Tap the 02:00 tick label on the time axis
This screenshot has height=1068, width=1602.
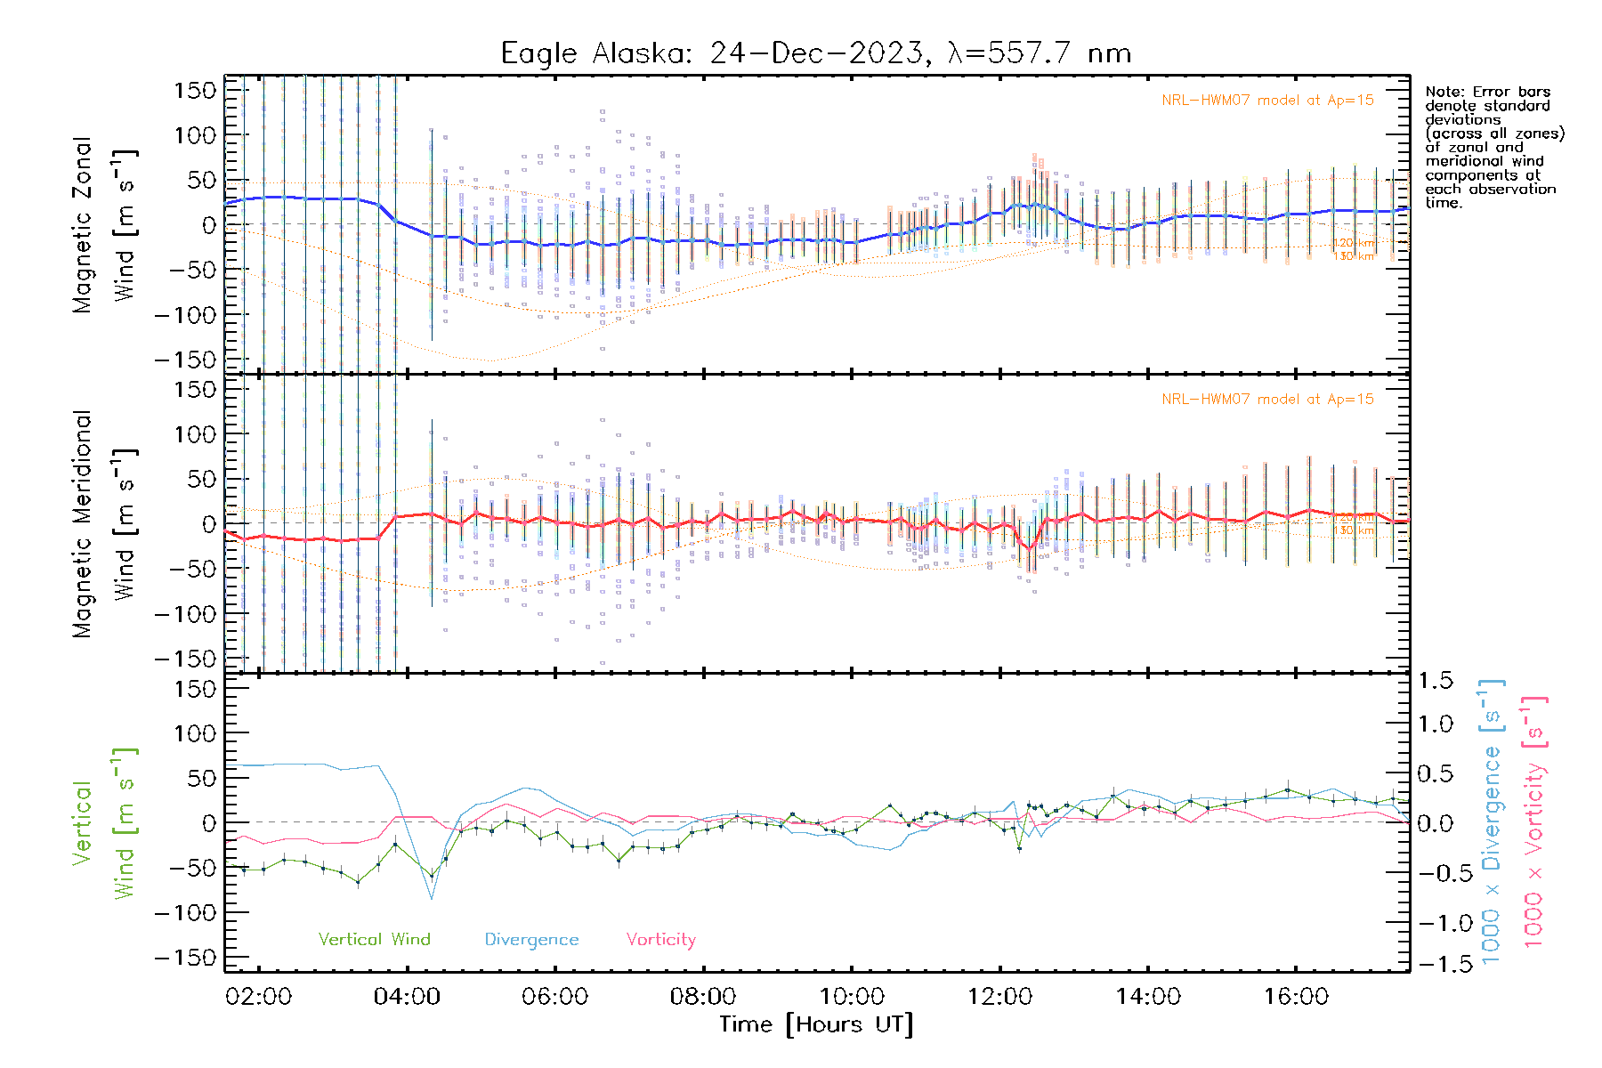coord(259,996)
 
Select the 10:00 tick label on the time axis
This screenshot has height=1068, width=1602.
coord(852,996)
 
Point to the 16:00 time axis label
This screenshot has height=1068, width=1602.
coord(1296,996)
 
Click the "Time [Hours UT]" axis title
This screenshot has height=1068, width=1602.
coord(816,1024)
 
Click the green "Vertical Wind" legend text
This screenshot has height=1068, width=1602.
coord(374,939)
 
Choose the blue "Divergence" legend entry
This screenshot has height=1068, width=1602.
coord(531,939)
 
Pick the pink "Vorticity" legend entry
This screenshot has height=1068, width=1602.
coord(660,939)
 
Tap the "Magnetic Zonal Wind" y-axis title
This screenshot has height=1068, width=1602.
coord(104,225)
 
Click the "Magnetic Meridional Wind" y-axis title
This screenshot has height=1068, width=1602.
coord(104,524)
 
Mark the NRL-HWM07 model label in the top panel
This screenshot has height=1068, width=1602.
coord(1267,101)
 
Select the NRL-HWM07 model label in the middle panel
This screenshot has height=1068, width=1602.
coord(1267,400)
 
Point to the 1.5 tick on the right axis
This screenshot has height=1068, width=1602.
coord(1435,681)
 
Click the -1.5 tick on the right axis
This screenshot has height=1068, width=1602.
coord(1435,964)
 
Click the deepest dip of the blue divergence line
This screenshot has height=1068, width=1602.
coord(433,898)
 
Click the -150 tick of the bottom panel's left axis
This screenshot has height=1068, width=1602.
coord(185,958)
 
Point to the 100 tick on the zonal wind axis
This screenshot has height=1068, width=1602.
coord(194,135)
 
